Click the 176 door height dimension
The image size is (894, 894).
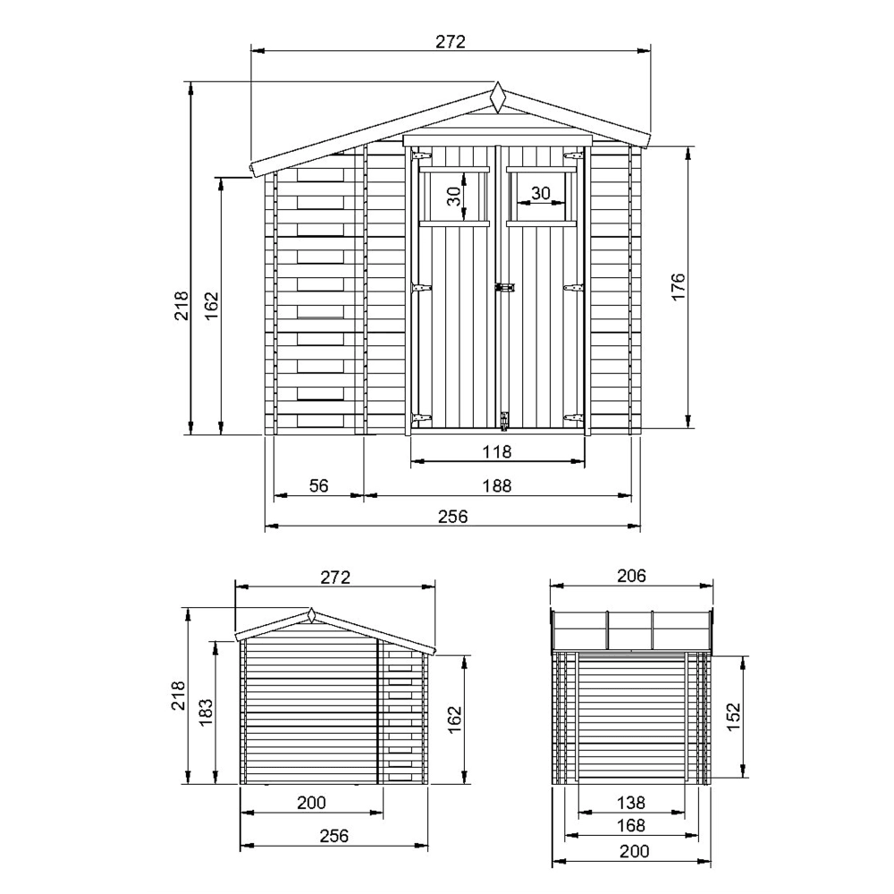tap(678, 286)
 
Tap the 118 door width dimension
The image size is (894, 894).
tap(497, 451)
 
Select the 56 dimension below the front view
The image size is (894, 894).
tap(319, 485)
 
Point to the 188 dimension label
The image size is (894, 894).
tap(497, 485)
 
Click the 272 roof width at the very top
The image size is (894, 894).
tap(451, 42)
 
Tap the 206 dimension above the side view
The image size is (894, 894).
tap(631, 576)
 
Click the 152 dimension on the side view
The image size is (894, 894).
tap(733, 717)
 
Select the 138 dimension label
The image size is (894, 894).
tap(630, 803)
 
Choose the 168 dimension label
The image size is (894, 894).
tap(630, 825)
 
